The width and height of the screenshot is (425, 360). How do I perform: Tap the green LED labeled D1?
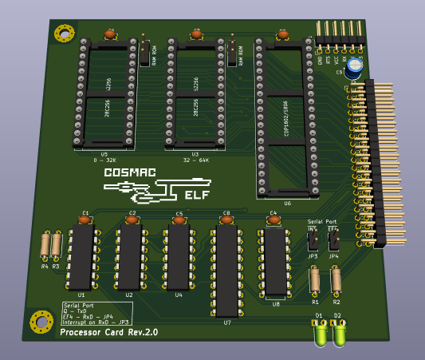coord(319,334)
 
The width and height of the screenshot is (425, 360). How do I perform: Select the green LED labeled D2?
coord(339,334)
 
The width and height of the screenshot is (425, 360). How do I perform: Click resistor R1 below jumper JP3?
coord(315,280)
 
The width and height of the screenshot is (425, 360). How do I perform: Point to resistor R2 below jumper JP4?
coord(336,280)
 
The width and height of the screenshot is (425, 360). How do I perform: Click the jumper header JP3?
coord(313,240)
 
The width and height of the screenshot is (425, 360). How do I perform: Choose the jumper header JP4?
coord(333,239)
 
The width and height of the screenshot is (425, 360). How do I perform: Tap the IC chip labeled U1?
coord(81,257)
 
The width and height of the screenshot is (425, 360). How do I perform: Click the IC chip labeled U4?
coord(178,256)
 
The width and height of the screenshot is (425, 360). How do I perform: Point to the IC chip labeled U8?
coord(276,262)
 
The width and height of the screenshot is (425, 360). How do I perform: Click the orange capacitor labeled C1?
coord(85,219)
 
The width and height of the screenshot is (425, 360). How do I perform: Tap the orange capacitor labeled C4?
coord(273,219)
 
